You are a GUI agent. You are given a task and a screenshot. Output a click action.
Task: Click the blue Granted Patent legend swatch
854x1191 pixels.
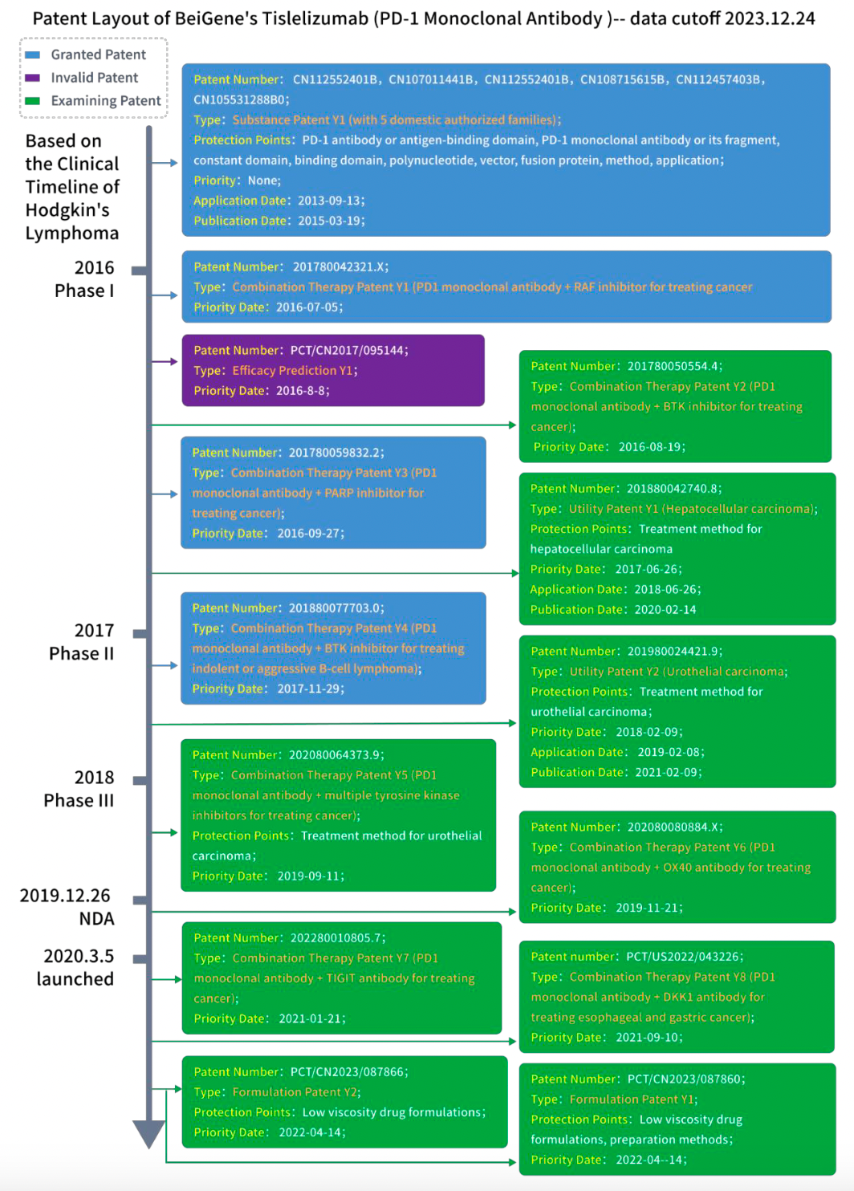[x=32, y=55]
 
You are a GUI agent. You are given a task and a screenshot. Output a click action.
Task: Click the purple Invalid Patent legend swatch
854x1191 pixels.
[x=32, y=78]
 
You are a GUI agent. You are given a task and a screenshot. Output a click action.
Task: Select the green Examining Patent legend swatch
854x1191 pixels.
[x=32, y=100]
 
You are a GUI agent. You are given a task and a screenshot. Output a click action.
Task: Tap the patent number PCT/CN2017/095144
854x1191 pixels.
[x=348, y=351]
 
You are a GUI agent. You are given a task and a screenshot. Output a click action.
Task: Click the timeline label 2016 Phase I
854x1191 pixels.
[x=84, y=279]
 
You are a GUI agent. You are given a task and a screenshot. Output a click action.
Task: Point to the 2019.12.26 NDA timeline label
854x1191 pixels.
[x=67, y=907]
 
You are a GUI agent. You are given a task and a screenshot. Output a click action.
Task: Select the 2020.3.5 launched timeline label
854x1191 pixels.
[x=75, y=967]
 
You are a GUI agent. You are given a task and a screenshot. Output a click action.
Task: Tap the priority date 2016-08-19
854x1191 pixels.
[x=651, y=447]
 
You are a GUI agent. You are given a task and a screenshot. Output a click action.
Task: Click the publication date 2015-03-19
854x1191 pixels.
[x=330, y=222]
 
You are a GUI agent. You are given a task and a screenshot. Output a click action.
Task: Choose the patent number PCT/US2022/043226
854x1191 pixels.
[x=683, y=957]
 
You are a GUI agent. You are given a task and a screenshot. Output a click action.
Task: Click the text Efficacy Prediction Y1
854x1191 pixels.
[x=294, y=371]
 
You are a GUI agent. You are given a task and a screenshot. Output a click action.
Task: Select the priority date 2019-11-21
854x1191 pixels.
[x=649, y=908]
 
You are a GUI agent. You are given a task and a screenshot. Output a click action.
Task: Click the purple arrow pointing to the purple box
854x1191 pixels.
[x=165, y=361]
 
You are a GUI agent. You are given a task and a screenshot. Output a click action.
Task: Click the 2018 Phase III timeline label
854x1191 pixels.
[x=79, y=789]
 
